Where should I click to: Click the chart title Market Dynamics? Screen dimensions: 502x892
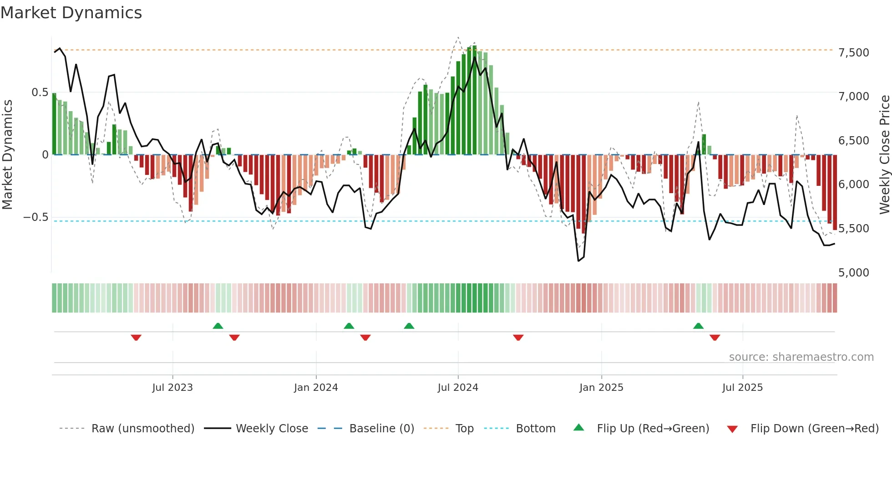71,13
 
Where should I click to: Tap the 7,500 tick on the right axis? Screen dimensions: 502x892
853,53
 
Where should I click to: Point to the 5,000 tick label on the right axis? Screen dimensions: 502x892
853,273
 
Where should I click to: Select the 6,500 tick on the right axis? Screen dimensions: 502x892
853,141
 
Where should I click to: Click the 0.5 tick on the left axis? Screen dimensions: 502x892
40,92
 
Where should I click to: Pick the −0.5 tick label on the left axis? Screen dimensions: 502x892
35,217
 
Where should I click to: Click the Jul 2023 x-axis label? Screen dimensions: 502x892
172,388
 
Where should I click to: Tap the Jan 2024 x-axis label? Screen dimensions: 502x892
316,388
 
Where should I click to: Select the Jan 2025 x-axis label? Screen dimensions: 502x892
601,388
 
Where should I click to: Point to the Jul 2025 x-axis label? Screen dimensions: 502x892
742,388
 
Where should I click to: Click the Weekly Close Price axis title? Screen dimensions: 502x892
884,155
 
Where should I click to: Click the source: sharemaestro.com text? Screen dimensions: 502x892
801,357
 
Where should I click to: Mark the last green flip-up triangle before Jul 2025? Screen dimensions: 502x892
698,326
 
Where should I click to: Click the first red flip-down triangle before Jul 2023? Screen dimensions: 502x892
136,338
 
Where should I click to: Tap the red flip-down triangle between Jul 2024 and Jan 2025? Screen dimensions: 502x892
518,338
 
